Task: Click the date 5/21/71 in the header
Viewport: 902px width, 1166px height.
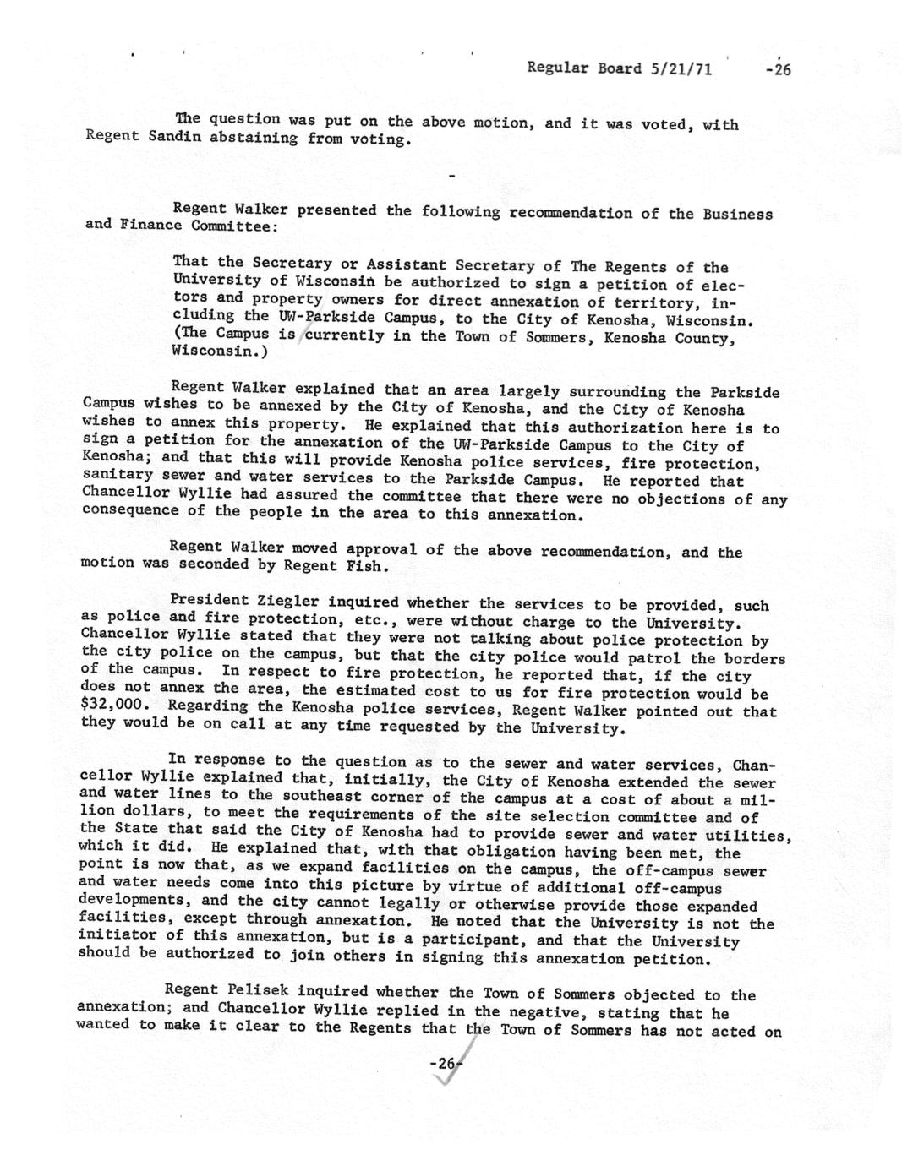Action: (x=681, y=68)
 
